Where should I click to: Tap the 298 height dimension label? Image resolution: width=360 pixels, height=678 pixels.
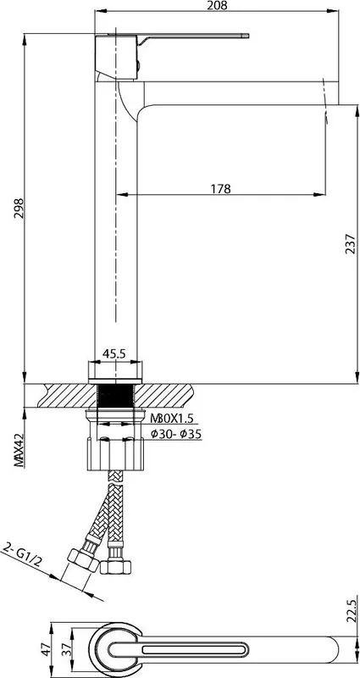coord(19,208)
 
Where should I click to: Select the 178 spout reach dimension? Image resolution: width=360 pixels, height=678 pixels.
coord(221,188)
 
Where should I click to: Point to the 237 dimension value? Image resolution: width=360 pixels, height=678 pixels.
coord(351,243)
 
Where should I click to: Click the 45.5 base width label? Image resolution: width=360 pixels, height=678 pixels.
coord(114,353)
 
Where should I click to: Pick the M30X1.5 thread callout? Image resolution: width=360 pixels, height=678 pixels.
coord(171,419)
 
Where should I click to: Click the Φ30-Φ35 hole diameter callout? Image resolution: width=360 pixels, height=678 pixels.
coord(176,435)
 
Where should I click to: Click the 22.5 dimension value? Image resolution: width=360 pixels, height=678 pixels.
coord(351,609)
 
